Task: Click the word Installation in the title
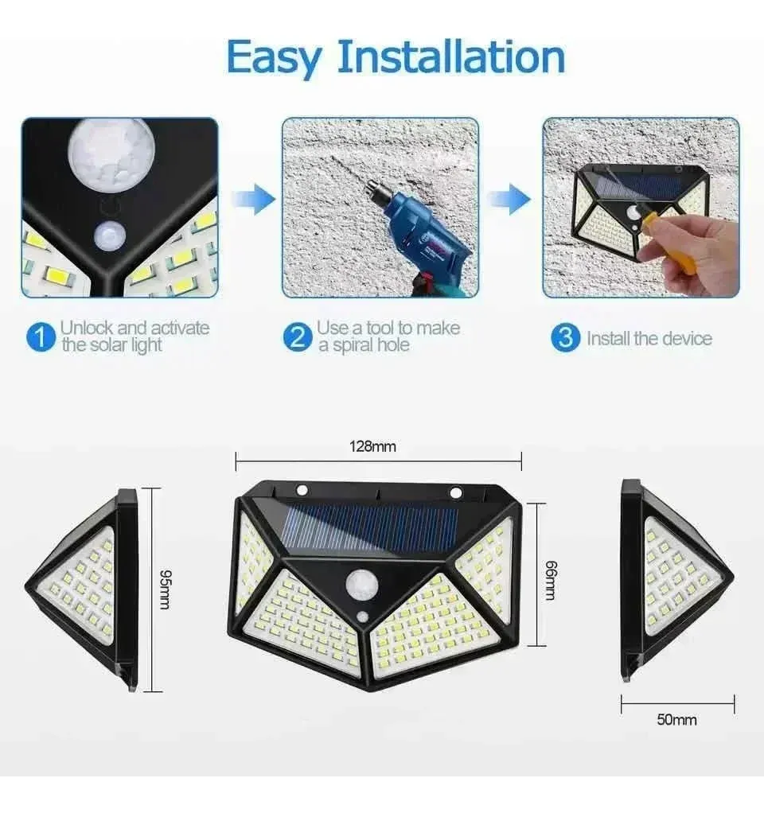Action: click(x=450, y=57)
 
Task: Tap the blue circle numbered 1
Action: click(x=38, y=337)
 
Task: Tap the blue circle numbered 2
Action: click(x=296, y=337)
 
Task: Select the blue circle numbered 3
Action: click(x=564, y=337)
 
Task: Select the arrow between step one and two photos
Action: click(x=252, y=199)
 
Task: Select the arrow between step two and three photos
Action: click(x=509, y=199)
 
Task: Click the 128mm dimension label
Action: click(x=372, y=446)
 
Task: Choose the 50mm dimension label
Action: click(x=676, y=720)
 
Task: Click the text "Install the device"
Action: click(x=649, y=338)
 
